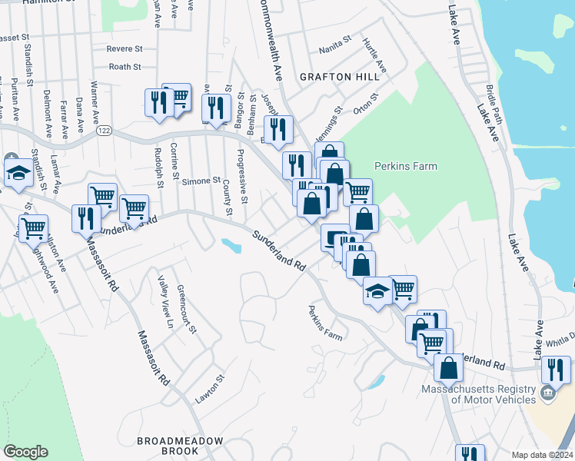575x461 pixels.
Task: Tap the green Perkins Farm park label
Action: click(405, 166)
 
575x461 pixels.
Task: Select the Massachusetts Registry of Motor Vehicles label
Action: click(478, 394)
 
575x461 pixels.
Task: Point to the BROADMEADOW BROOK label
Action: click(180, 446)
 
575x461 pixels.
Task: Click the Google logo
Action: click(25, 452)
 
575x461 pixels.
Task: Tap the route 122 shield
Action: click(102, 131)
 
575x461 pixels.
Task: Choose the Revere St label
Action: click(125, 48)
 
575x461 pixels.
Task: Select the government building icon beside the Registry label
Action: click(547, 394)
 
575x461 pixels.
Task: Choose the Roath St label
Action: click(125, 67)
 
